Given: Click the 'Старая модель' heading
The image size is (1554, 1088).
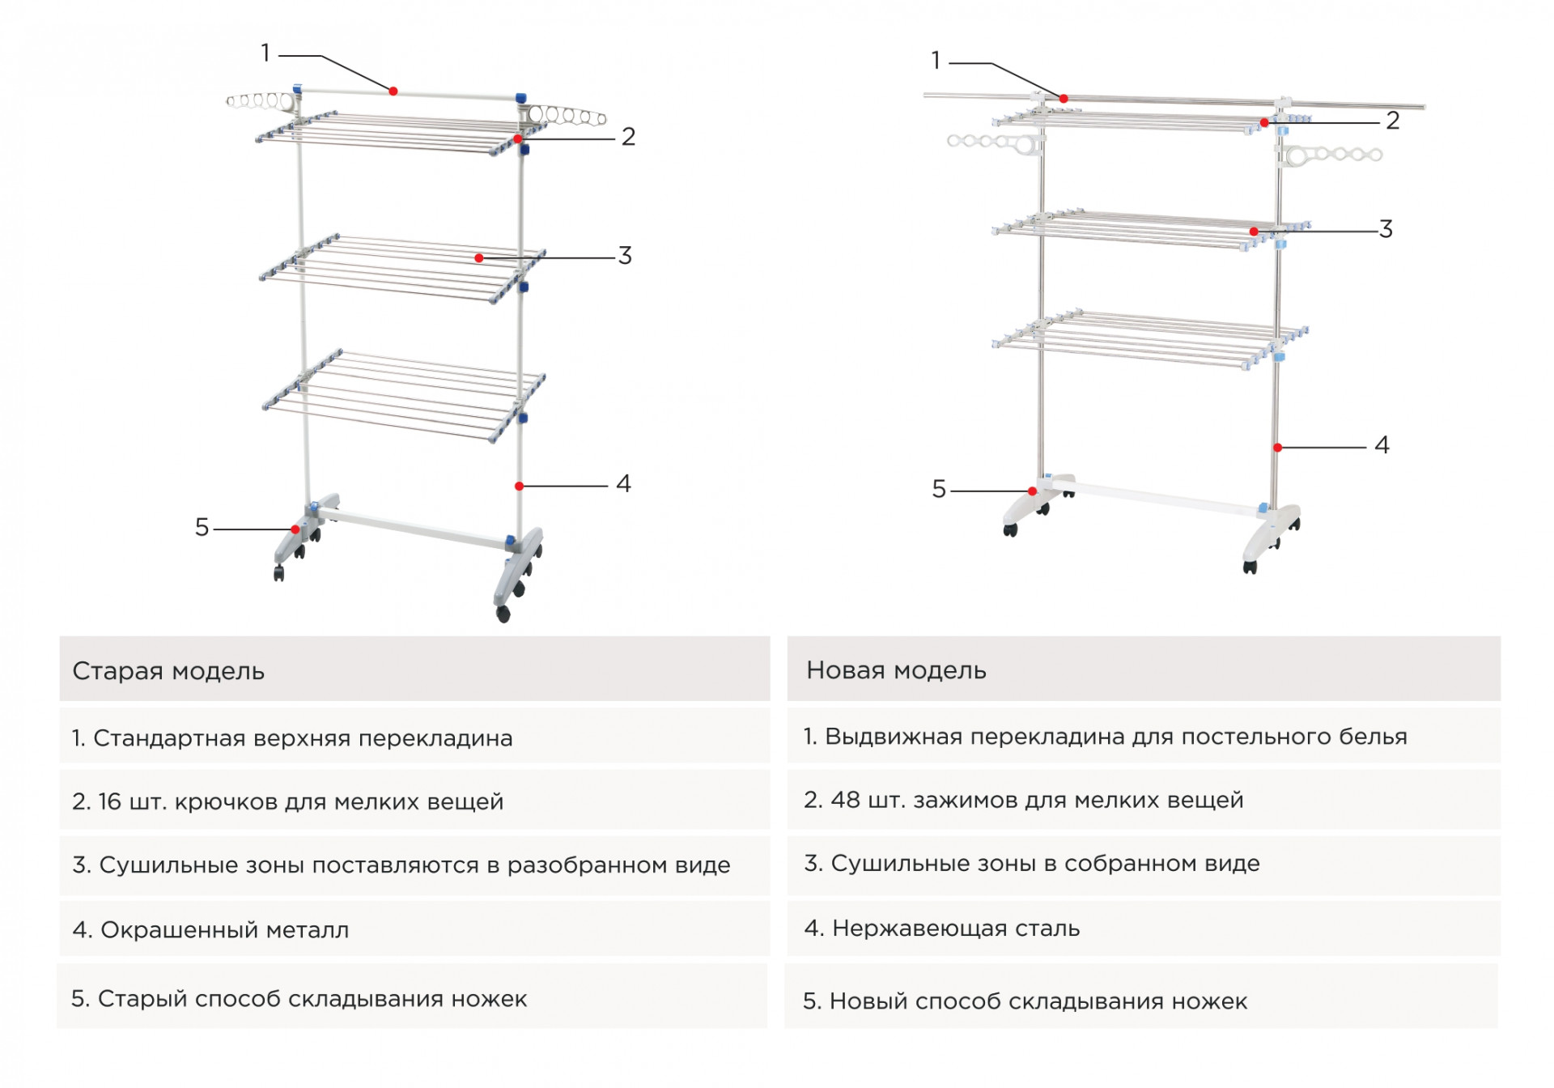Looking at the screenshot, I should (x=168, y=671).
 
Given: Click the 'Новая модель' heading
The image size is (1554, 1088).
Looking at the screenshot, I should (x=896, y=670).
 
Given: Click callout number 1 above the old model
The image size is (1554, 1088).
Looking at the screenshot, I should (x=265, y=53).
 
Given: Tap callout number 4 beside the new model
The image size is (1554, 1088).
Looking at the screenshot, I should (x=1382, y=445).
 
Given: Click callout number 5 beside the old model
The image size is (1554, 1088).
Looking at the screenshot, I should (x=202, y=528).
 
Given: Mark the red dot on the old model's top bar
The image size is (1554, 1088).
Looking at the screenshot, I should (x=393, y=91).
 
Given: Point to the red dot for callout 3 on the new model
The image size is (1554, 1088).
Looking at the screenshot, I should (x=1254, y=232).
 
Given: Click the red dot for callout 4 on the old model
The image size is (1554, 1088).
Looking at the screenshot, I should (x=519, y=487).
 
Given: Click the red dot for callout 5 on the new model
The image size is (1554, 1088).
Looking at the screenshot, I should (x=1033, y=491).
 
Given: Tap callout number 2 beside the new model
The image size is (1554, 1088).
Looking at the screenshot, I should (x=1392, y=121).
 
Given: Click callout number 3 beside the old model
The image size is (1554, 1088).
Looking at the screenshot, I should (x=625, y=256).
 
